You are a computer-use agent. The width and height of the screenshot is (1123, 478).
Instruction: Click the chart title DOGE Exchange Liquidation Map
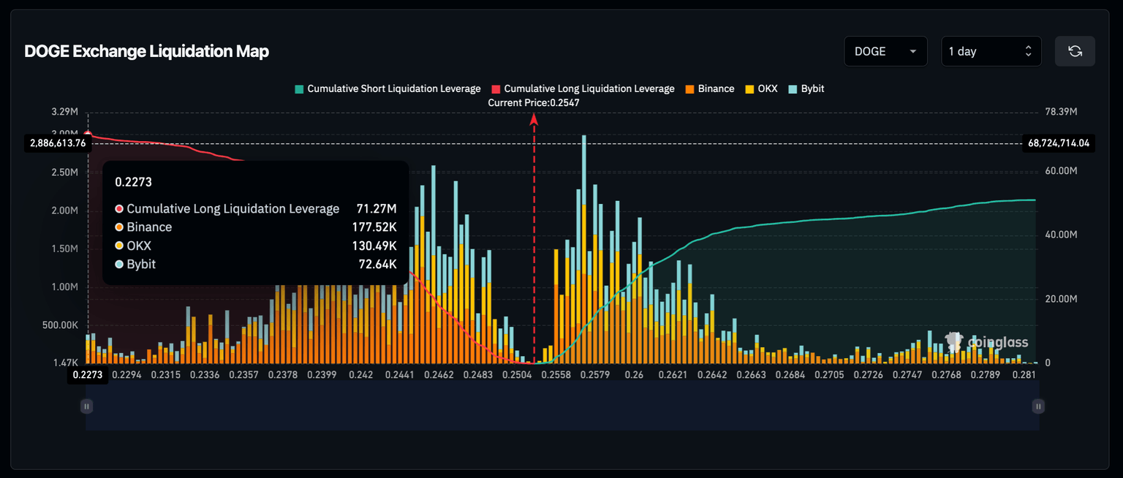pyautogui.click(x=146, y=51)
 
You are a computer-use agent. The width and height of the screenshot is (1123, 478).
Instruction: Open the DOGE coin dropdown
pyautogui.click(x=885, y=51)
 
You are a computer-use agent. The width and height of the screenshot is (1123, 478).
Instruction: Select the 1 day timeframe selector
pyautogui.click(x=991, y=51)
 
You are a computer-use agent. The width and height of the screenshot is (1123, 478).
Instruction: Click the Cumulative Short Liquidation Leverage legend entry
pyautogui.click(x=387, y=88)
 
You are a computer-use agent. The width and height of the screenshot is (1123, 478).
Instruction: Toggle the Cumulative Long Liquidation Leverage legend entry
pyautogui.click(x=583, y=88)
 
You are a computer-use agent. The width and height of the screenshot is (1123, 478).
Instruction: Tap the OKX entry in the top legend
pyautogui.click(x=761, y=88)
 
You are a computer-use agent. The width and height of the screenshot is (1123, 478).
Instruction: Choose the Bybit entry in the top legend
pyautogui.click(x=806, y=88)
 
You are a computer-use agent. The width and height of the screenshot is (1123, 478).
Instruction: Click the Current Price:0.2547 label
pyautogui.click(x=534, y=103)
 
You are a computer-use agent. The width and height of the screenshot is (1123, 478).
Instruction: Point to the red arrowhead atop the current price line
pyautogui.click(x=534, y=118)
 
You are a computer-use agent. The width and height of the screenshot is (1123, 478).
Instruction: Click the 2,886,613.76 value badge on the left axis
pyautogui.click(x=58, y=143)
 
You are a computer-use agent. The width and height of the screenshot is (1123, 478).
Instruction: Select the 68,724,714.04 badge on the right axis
pyautogui.click(x=1059, y=143)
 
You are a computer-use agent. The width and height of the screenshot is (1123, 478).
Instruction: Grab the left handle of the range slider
pyautogui.click(x=86, y=406)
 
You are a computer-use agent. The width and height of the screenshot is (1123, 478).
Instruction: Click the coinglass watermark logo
pyautogui.click(x=987, y=341)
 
